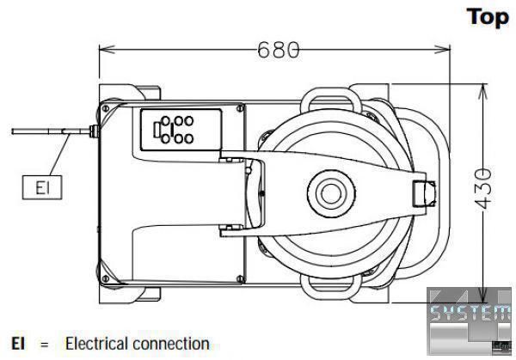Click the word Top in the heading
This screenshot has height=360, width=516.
487,17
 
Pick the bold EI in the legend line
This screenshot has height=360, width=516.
16,344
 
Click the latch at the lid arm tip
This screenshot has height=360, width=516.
423,192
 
